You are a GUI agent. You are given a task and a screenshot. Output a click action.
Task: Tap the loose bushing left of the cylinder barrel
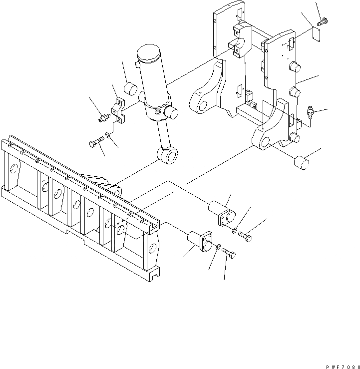131,88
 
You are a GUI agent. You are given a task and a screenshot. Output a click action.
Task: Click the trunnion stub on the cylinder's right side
172,114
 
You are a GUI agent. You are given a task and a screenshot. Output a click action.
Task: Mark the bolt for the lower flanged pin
229,254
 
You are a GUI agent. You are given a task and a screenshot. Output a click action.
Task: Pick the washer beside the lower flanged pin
218,246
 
